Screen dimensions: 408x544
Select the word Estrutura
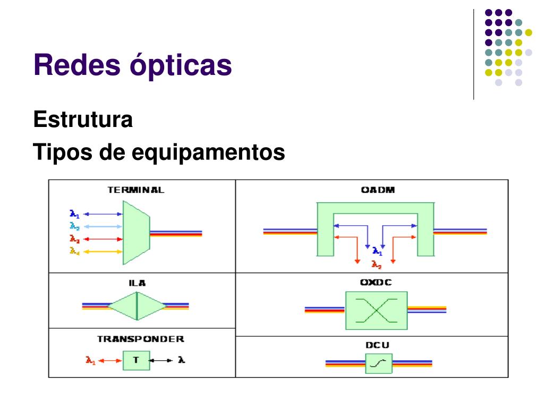tap(83, 120)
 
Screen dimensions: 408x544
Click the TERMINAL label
tap(136, 190)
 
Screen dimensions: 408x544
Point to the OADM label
tap(378, 190)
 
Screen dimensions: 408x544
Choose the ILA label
tap(137, 283)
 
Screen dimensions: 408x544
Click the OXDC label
tap(376, 283)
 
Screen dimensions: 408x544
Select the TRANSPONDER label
tap(141, 339)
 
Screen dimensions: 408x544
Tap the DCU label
tap(377, 345)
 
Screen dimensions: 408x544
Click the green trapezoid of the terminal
tap(135, 232)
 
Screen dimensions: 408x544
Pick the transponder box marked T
tap(135, 360)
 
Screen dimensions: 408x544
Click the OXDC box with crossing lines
tap(376, 310)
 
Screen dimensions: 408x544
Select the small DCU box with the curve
tap(378, 364)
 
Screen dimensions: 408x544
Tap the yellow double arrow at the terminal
tap(103, 251)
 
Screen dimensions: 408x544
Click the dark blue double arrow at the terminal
tap(103, 214)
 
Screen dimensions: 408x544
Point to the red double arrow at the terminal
tap(103, 239)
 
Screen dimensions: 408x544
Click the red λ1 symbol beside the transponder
tap(90, 360)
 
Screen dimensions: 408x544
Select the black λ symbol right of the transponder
tap(182, 360)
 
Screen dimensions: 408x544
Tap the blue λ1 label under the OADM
tap(377, 251)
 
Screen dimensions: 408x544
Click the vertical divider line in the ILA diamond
tap(137, 306)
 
